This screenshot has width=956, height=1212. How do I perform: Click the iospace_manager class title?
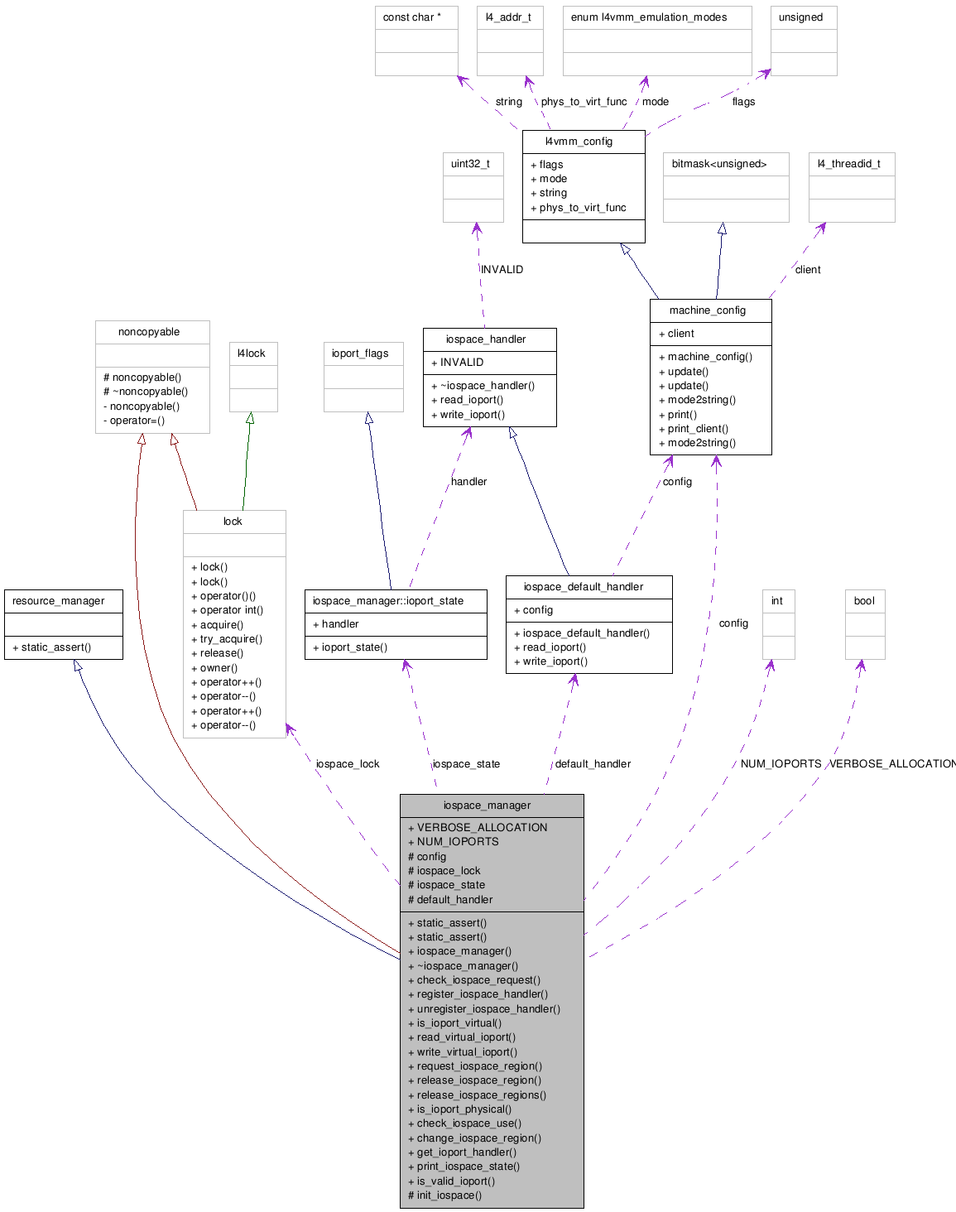pos(487,805)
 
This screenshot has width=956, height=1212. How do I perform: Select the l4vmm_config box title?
pos(579,142)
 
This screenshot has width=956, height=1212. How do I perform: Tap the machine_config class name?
pos(707,310)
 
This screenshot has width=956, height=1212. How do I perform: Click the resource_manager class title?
pos(59,601)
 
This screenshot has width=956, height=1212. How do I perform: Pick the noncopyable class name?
pos(149,332)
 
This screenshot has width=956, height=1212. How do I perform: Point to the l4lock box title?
pos(252,353)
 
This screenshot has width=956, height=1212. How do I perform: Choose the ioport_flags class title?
pos(360,353)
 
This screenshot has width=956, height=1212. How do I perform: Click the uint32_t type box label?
pos(470,164)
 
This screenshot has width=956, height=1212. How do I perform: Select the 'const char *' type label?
pos(411,17)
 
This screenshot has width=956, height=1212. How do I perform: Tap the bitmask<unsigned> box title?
pos(719,164)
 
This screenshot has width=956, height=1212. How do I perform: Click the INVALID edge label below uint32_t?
pos(502,270)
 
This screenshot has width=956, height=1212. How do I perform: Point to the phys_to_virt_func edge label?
pos(584,102)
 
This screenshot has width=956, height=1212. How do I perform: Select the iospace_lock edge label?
pos(348,764)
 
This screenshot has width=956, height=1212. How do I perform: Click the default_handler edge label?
pos(593,764)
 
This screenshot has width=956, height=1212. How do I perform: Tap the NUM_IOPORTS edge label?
pos(781,764)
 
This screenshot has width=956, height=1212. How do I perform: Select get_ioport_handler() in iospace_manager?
pos(467,1152)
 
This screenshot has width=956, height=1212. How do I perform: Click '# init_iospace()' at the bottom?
pos(445,1195)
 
